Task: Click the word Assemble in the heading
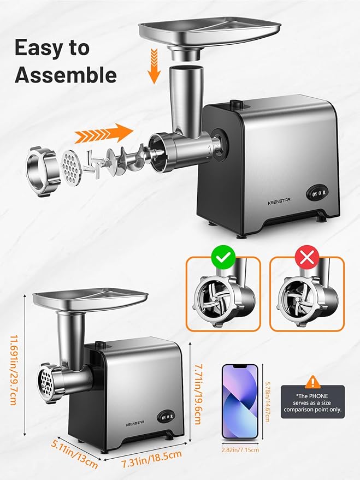[x=66, y=75]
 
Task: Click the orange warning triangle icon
[x=312, y=381]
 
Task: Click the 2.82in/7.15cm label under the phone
[x=240, y=449]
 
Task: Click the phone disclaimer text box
[x=312, y=401]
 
